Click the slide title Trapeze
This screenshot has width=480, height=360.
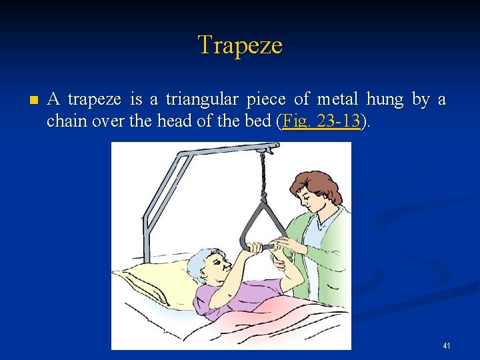coord(240,45)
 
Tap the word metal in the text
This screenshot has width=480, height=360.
coord(337,100)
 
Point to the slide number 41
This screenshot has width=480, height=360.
coord(446,346)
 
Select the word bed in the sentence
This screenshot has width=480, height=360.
coord(258,121)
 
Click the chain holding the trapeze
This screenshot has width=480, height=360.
coord(263,180)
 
